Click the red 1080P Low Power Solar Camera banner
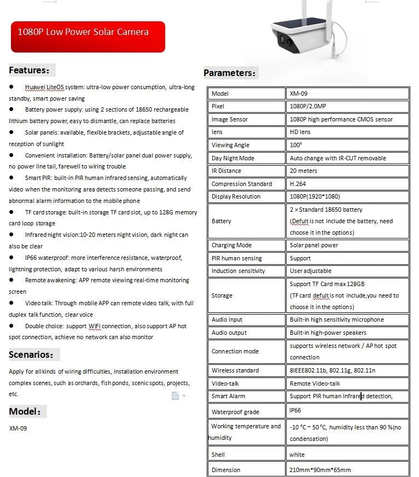88,37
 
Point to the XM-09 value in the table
299,94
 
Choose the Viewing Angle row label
230,145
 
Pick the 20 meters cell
303,171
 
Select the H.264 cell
298,184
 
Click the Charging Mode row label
231,245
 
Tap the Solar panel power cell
314,245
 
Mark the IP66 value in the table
295,410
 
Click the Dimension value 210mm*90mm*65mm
320,469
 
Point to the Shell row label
218,455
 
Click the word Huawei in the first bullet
34,87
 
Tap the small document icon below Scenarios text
175,395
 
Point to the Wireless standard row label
235,370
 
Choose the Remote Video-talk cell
315,383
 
